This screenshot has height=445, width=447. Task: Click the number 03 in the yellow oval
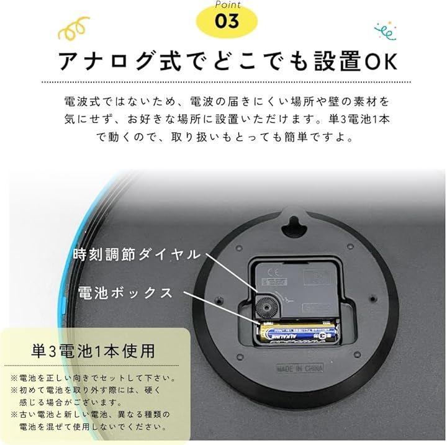(x=227, y=21)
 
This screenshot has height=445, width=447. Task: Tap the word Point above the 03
(x=228, y=4)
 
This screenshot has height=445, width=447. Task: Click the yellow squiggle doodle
(x=74, y=28)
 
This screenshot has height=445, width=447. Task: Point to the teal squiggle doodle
(x=385, y=30)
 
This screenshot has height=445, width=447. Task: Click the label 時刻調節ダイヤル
(x=137, y=254)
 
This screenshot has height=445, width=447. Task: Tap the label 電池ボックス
(x=125, y=293)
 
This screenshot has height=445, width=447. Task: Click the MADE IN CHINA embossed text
(x=300, y=368)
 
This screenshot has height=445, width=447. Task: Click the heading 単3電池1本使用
(x=93, y=351)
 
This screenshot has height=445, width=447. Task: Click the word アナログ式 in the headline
(x=120, y=61)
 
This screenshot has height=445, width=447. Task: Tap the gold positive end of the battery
(x=263, y=332)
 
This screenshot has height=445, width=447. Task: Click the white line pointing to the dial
(x=231, y=272)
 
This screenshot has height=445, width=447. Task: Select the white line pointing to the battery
(x=221, y=307)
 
